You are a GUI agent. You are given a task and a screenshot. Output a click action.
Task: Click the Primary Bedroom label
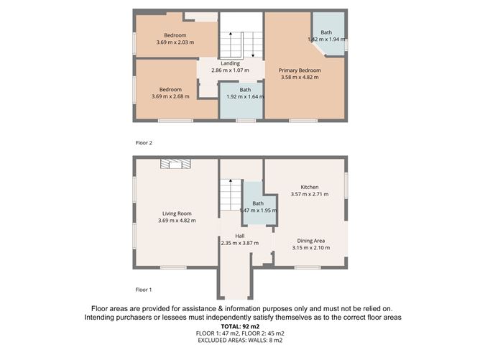coord(299,70)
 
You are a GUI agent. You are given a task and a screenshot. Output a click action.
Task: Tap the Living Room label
coord(176,213)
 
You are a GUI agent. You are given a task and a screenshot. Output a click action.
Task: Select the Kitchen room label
coord(309,187)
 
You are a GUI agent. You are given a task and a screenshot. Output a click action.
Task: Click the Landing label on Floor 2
coord(230,63)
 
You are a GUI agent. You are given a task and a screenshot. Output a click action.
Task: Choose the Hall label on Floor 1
coord(239,236)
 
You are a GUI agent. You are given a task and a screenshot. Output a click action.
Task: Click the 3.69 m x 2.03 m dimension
coord(175,42)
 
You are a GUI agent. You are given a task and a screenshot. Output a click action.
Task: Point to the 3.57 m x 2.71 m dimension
coord(309,194)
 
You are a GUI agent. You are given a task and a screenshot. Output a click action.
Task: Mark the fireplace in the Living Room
coord(175,164)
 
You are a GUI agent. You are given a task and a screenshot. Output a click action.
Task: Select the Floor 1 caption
coord(144,290)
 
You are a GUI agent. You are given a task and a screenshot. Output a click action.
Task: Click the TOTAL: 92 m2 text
coord(240,327)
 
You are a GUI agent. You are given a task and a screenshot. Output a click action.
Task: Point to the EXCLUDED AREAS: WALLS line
coord(240,341)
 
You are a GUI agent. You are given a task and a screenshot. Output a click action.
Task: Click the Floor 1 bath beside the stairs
coord(257,205)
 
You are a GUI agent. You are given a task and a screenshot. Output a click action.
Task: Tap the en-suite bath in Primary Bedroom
coord(327,36)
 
